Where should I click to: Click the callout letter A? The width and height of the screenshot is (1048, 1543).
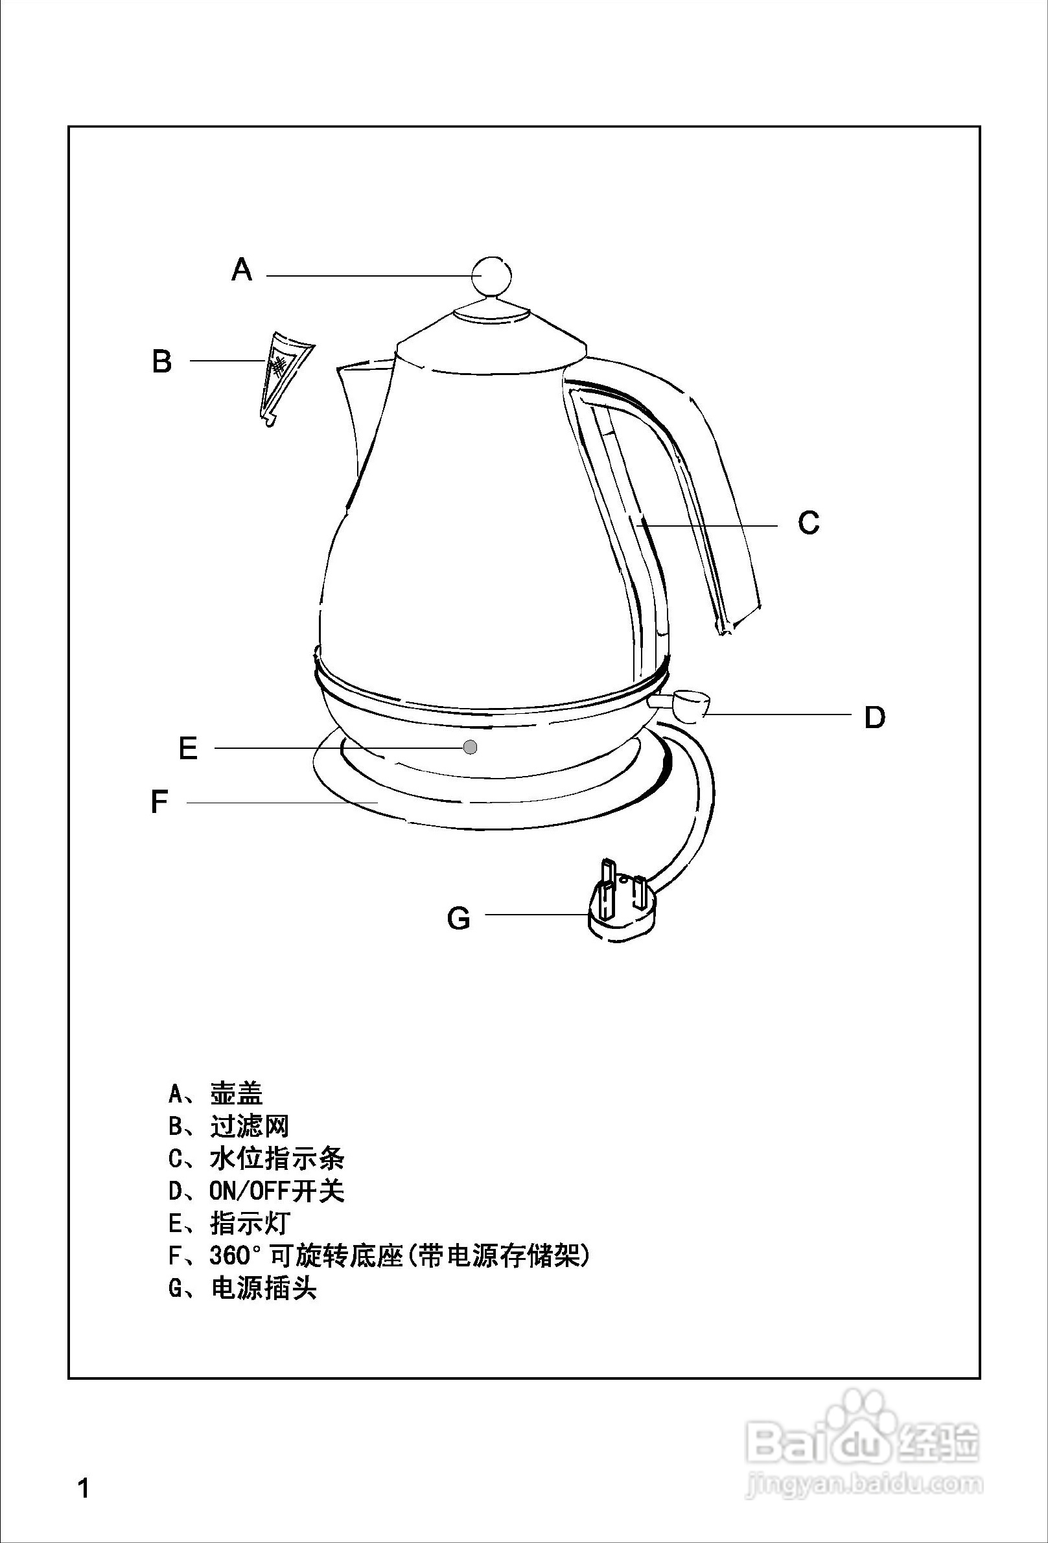point(242,269)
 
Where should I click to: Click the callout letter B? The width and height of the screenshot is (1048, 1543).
point(161,362)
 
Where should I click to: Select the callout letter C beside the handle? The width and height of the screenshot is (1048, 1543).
point(808,523)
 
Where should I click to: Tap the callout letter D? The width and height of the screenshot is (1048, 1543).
point(875,717)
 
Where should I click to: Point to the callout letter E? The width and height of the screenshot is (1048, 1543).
point(188,749)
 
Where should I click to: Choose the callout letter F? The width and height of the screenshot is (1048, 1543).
point(159,801)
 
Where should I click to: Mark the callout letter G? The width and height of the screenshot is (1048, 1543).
point(458,919)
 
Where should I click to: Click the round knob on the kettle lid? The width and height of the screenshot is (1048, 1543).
point(491,274)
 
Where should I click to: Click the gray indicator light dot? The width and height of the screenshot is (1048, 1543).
point(470,747)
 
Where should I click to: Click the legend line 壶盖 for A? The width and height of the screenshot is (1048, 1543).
point(236,1093)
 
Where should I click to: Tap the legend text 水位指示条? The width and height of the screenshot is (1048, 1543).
point(276,1159)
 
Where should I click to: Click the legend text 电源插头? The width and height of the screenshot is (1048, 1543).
point(263,1288)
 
